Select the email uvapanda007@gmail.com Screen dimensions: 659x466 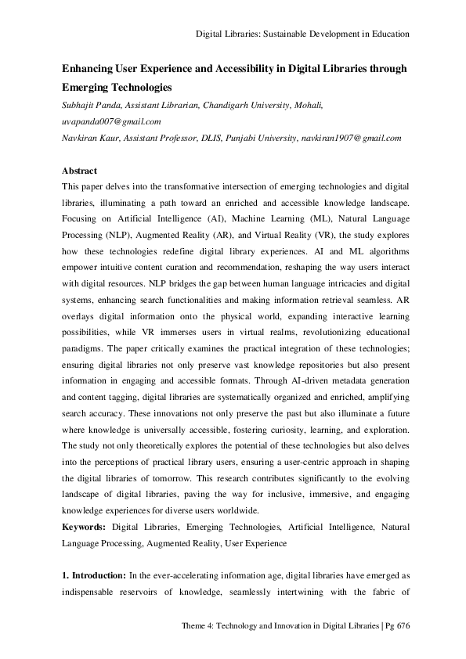pos(112,121)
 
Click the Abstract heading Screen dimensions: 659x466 pos(79,171)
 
